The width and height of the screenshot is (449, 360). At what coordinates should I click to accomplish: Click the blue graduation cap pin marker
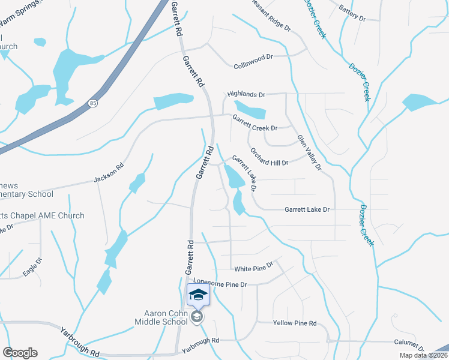point(198,295)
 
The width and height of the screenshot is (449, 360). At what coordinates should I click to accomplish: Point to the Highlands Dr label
point(246,94)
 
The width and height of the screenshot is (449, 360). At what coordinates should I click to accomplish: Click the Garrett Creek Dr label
point(255,123)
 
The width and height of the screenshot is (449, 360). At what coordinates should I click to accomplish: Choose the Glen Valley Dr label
point(309,152)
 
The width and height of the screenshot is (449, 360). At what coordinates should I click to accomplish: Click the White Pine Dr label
point(254,267)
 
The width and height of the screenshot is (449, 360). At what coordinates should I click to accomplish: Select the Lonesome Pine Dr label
point(220,282)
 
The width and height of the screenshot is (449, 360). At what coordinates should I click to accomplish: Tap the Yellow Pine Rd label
point(294,323)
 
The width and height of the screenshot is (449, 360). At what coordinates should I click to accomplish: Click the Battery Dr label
point(352,13)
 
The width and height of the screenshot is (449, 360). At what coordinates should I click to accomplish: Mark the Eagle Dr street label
point(32,267)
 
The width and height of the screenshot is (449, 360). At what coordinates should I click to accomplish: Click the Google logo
point(20,352)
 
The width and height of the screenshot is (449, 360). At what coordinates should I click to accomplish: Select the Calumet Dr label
point(409,344)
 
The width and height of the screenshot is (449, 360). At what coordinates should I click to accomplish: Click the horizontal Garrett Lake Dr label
point(307,209)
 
